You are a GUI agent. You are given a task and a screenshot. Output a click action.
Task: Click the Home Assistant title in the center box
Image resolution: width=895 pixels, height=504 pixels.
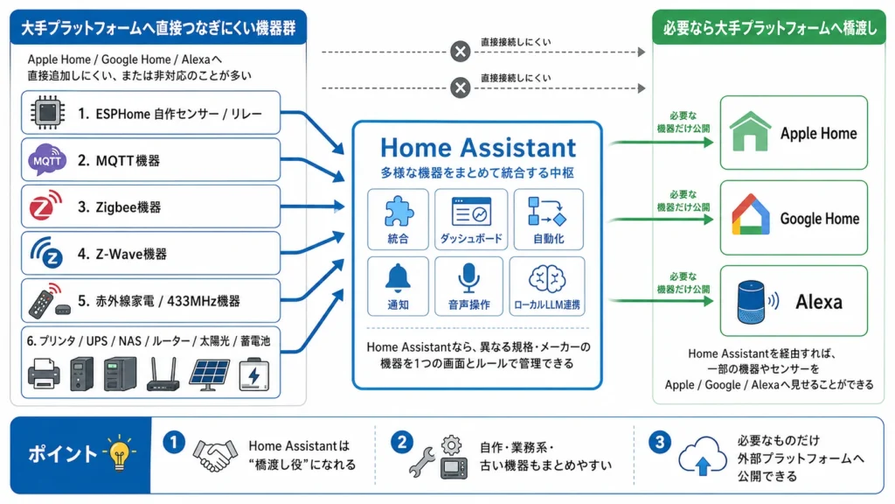(477, 147)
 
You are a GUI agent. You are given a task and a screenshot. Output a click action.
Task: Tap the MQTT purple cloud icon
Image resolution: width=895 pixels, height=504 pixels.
(47, 160)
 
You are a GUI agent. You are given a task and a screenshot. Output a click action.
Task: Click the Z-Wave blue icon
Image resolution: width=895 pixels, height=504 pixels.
(46, 254)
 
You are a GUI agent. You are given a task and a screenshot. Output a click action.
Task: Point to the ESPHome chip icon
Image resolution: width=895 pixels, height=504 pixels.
(45, 113)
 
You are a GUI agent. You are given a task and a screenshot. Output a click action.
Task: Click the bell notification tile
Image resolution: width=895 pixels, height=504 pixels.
(398, 285)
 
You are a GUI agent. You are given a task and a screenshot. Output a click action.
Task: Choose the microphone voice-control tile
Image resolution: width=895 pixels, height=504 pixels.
(468, 285)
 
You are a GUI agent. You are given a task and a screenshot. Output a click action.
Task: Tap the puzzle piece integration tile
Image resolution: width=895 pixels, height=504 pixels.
(398, 219)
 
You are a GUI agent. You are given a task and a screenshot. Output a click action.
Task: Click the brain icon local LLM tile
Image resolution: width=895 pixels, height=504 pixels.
(547, 285)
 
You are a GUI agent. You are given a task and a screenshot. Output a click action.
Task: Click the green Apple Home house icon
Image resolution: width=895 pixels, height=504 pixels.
(747, 133)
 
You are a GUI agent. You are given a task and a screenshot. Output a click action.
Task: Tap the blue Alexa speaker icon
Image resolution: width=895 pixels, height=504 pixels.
(747, 302)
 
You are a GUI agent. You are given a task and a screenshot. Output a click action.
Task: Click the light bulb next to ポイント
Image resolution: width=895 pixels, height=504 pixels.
(117, 453)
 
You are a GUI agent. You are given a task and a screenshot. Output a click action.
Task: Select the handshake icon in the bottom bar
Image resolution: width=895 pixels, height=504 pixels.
(215, 455)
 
